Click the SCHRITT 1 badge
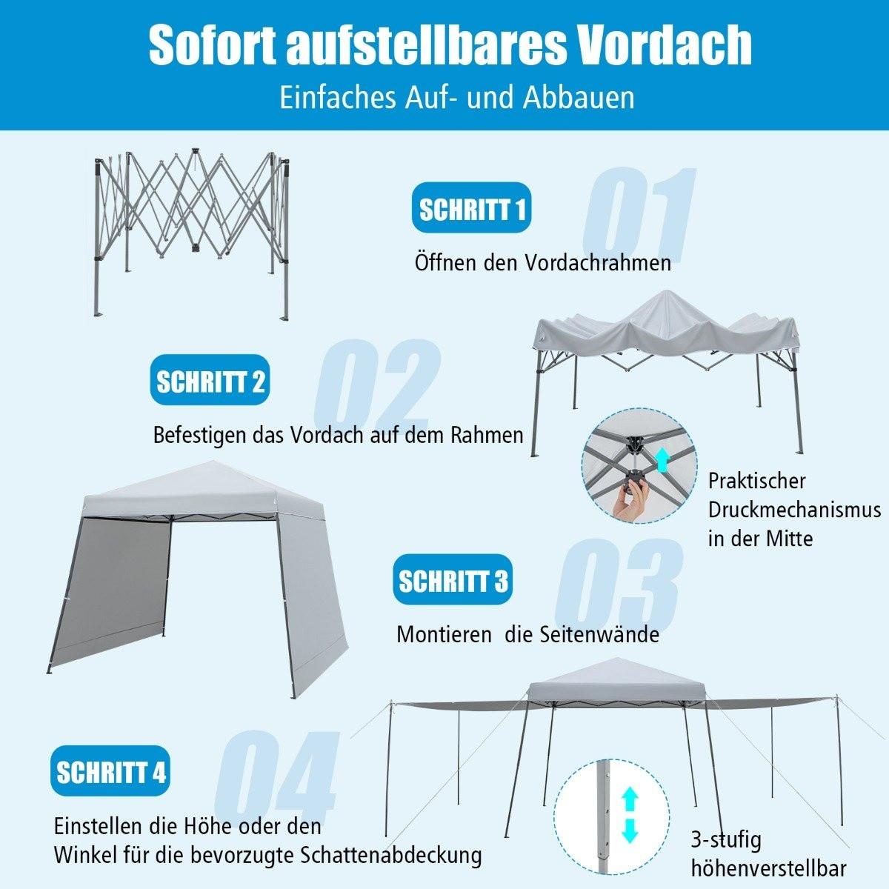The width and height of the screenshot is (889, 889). click(472, 209)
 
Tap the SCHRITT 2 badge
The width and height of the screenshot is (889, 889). click(210, 382)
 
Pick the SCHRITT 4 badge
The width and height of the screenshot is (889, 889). click(111, 773)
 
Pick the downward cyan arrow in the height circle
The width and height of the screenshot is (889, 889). click(630, 831)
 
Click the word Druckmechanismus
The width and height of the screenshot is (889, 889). click(794, 510)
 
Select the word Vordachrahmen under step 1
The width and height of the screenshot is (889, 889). click(598, 262)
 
